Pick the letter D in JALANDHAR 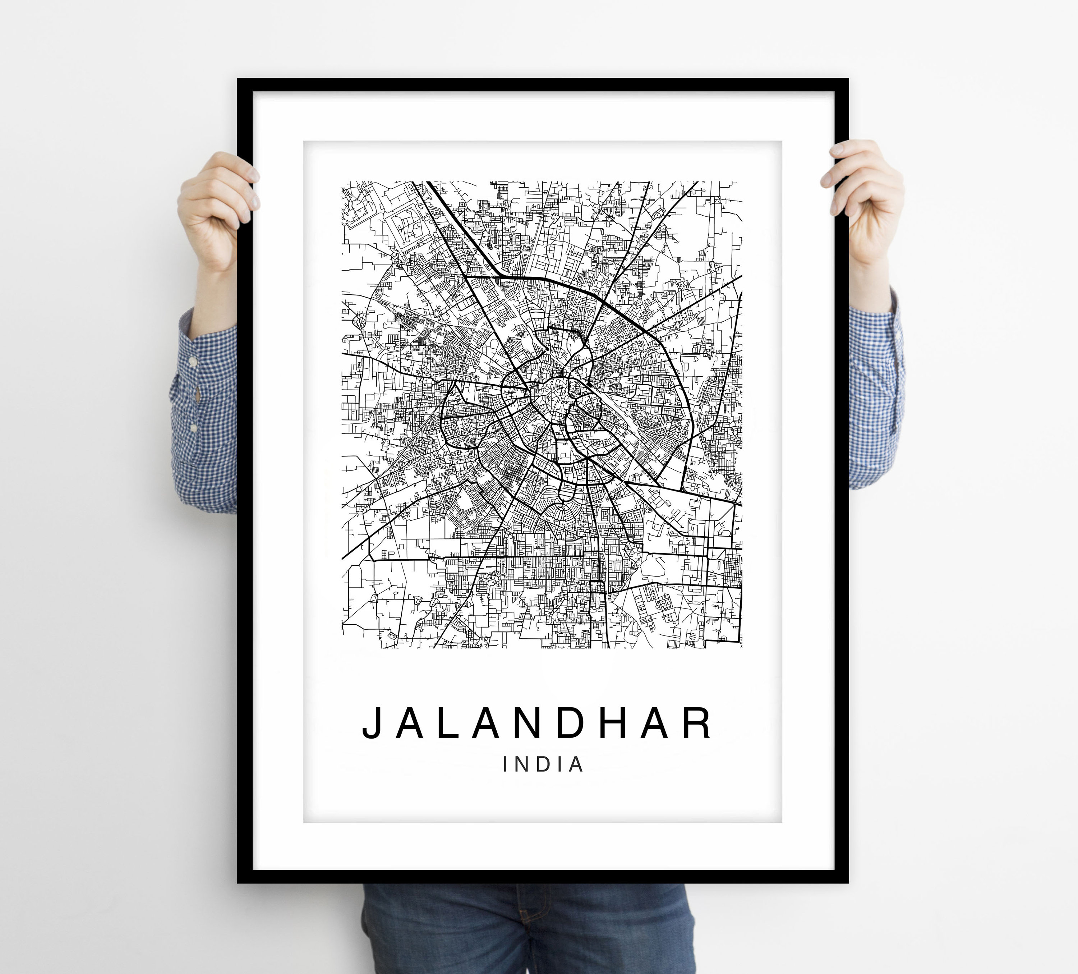click(x=568, y=723)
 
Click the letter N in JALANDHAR click(x=522, y=723)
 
